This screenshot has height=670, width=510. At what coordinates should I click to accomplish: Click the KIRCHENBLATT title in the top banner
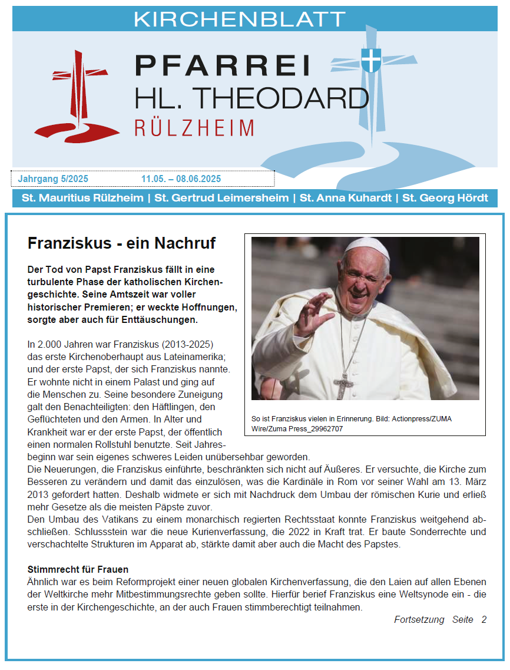[239, 19]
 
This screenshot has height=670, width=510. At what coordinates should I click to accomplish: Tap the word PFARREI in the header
[223, 65]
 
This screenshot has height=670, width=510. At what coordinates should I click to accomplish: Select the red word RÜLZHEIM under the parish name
[194, 128]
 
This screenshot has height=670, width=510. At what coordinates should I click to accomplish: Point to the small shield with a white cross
[370, 60]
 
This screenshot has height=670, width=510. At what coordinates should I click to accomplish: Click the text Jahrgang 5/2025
[53, 179]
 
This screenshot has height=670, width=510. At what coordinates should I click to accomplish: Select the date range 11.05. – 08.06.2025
[181, 179]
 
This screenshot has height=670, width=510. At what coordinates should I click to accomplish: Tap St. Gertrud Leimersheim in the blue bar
[221, 198]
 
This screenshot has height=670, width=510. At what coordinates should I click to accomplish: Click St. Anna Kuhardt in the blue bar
[346, 198]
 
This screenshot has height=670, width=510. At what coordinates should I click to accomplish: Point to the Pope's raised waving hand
[313, 312]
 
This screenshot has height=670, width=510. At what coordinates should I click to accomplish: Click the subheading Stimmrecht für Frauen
[78, 570]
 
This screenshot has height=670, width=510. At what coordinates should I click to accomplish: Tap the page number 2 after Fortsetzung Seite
[483, 619]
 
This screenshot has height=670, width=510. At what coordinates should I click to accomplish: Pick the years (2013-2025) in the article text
[187, 343]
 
